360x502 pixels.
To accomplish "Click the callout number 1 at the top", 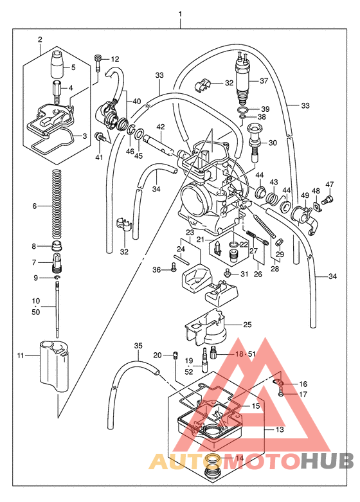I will pyautogui.click(x=181, y=14).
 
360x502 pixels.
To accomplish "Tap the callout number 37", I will pyautogui.click(x=263, y=81).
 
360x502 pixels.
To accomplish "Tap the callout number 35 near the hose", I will pyautogui.click(x=137, y=346).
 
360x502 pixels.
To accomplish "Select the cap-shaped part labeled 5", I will pyautogui.click(x=57, y=65).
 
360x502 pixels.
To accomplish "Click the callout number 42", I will pyautogui.click(x=161, y=127).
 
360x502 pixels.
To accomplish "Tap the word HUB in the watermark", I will pyautogui.click(x=328, y=460).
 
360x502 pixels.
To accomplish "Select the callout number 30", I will pyautogui.click(x=272, y=143).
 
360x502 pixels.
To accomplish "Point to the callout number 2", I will pyautogui.click(x=40, y=40).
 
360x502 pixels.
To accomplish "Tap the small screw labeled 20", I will pyautogui.click(x=174, y=354).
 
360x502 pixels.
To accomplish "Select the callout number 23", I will pyautogui.click(x=190, y=232).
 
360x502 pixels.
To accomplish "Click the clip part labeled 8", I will pyautogui.click(x=57, y=247).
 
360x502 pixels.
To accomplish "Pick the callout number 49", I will pyautogui.click(x=305, y=195).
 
